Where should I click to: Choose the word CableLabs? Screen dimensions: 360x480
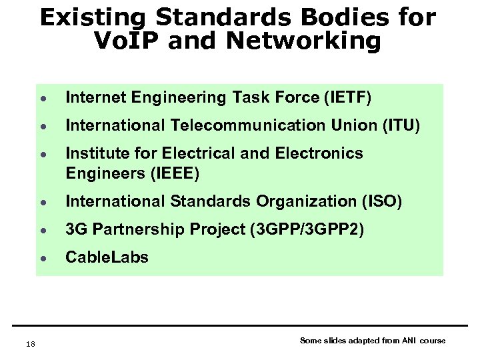tap(107, 257)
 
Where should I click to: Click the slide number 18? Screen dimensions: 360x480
tap(29, 344)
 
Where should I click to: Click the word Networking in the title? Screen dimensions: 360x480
tap(303, 41)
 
